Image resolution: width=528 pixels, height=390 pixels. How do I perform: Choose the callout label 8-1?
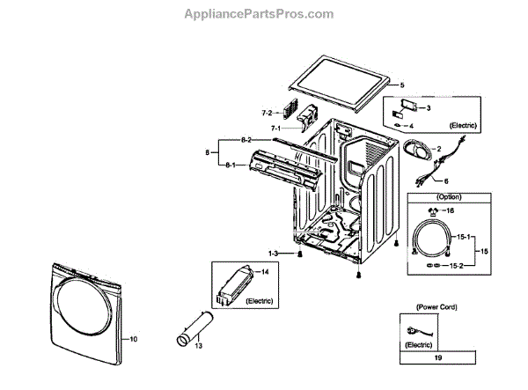(230, 166)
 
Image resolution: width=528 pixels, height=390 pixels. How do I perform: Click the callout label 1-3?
(274, 254)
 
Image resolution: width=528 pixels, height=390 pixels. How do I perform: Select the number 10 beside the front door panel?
(134, 338)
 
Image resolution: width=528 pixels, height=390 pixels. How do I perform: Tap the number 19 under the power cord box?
(436, 359)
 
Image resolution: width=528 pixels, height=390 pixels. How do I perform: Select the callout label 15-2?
(456, 264)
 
